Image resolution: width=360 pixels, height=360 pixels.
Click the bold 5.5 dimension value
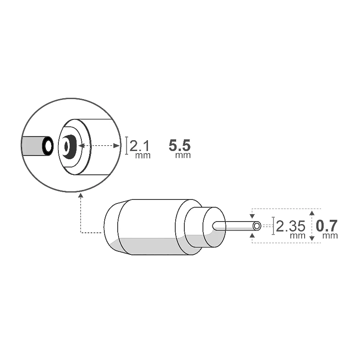coord(180,145)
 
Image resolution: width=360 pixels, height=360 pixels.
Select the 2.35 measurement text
coord(290,226)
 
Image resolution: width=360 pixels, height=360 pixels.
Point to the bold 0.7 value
coord(327,225)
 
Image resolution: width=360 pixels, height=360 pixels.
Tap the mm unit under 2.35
coord(297,236)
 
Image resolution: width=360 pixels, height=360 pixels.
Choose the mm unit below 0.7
coord(330,236)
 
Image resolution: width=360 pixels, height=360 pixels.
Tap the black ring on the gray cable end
coord(47,146)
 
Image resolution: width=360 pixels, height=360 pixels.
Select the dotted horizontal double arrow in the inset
coord(99,146)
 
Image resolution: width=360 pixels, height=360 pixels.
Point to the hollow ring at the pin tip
coord(257,226)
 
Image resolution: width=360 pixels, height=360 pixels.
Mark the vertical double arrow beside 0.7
coord(312,225)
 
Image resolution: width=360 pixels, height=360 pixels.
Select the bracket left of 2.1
coord(127,145)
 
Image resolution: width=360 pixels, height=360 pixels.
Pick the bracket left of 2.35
coord(273,226)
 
